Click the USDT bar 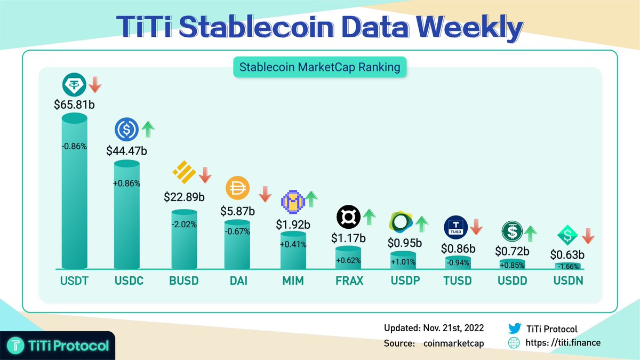[75, 192]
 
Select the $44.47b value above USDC [127, 150]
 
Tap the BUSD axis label [183, 281]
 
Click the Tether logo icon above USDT [73, 84]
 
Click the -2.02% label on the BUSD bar [184, 225]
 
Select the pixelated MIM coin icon [292, 201]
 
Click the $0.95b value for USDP [404, 243]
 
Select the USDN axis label [568, 281]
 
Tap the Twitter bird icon [514, 329]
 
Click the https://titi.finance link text [563, 342]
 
